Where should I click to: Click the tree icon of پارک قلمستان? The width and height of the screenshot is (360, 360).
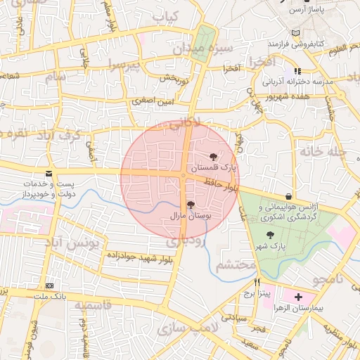click(x=214, y=155)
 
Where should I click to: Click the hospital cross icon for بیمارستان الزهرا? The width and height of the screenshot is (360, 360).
click(x=300, y=297)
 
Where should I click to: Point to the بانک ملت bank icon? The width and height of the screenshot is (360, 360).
click(x=49, y=286)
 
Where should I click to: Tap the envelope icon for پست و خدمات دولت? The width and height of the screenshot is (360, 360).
click(x=49, y=173)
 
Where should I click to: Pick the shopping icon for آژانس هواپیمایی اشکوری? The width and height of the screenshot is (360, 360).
click(x=290, y=196)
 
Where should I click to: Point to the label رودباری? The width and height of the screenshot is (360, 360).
click(x=185, y=240)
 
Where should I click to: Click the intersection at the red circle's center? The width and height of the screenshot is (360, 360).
click(x=184, y=174)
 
